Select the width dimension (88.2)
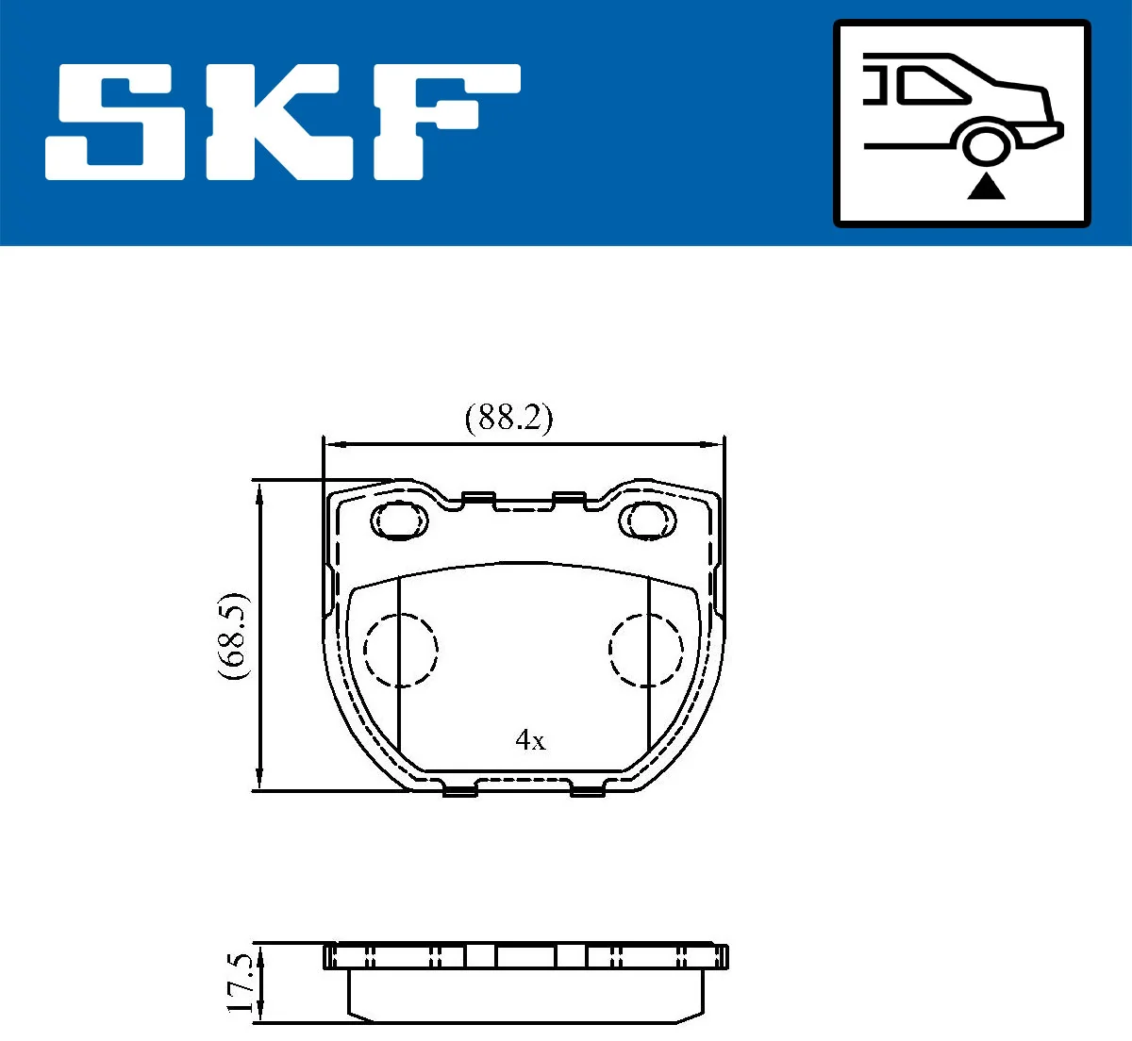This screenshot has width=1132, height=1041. point(508,418)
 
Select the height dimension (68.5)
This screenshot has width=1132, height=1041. point(233,636)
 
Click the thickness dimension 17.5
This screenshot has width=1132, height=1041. point(241,983)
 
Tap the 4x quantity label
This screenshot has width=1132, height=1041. point(530,740)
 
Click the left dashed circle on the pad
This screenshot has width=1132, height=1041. point(401,650)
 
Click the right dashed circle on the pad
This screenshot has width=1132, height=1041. point(645,650)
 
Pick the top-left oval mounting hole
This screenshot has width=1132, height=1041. point(399,519)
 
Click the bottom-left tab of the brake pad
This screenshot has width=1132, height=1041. point(460,790)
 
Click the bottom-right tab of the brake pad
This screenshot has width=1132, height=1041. point(587,790)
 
